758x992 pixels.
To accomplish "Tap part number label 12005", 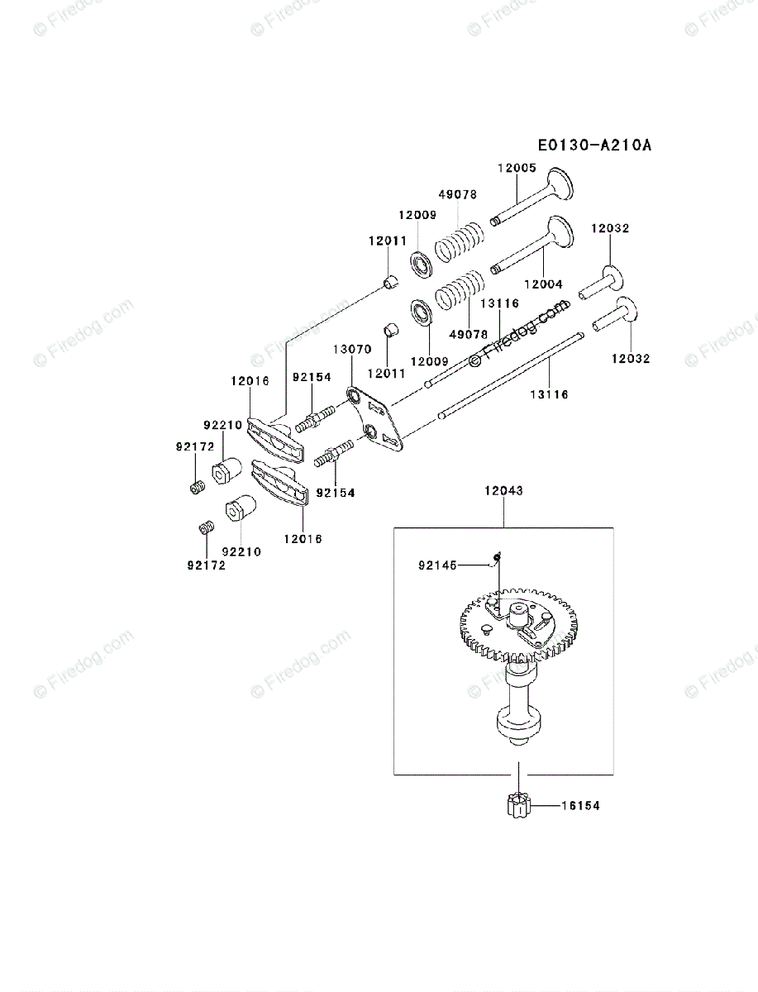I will pyautogui.click(x=517, y=169).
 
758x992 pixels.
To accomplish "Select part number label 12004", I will pyautogui.click(x=542, y=284).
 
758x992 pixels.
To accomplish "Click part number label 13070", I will pyautogui.click(x=352, y=350).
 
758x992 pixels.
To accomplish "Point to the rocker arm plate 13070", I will pyautogui.click(x=376, y=420).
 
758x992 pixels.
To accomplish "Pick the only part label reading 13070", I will pyautogui.click(x=352, y=350).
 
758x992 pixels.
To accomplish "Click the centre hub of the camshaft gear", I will pyautogui.click(x=518, y=615).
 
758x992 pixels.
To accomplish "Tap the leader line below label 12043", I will pyautogui.click(x=503, y=511).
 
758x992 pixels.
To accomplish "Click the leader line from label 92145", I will pyautogui.click(x=474, y=566).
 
